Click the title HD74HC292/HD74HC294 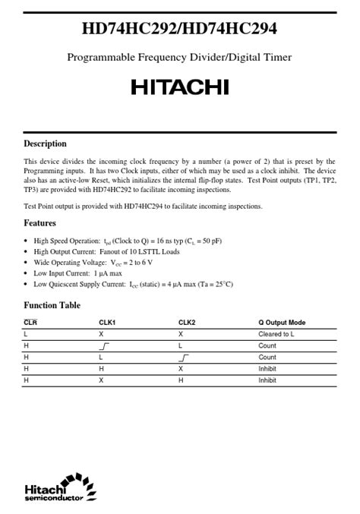coord(179,30)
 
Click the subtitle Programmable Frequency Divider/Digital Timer coord(179,57)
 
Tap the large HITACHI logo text coord(179,87)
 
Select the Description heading coord(45,143)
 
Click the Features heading coord(39,223)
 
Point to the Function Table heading coord(52,305)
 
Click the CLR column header coord(30,323)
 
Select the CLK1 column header coord(106,323)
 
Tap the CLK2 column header coord(187,323)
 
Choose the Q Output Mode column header coord(282,323)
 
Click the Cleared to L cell coord(276,334)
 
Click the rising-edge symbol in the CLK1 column coord(105,345)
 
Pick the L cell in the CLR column coord(26,334)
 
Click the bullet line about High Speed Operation coord(128,241)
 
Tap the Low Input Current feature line coord(77,273)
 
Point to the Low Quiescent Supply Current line coord(133,284)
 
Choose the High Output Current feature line coord(106,251)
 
